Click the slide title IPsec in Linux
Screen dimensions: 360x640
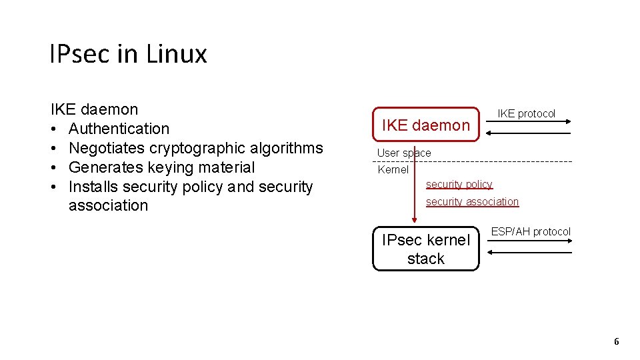point(128,53)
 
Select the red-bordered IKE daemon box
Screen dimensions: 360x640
point(425,125)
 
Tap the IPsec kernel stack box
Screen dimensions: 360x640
point(425,249)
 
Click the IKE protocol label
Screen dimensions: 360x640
point(526,113)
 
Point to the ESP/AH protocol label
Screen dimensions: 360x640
point(531,231)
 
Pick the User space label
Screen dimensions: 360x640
point(404,153)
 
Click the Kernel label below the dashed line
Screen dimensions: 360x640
point(393,169)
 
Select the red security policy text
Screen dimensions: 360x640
point(459,184)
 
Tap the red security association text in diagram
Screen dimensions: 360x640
point(472,201)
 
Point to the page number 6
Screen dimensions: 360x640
point(616,341)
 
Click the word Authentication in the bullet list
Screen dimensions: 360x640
point(119,129)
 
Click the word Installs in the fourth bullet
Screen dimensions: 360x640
point(93,187)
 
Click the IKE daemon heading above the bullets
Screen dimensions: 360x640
point(94,109)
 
